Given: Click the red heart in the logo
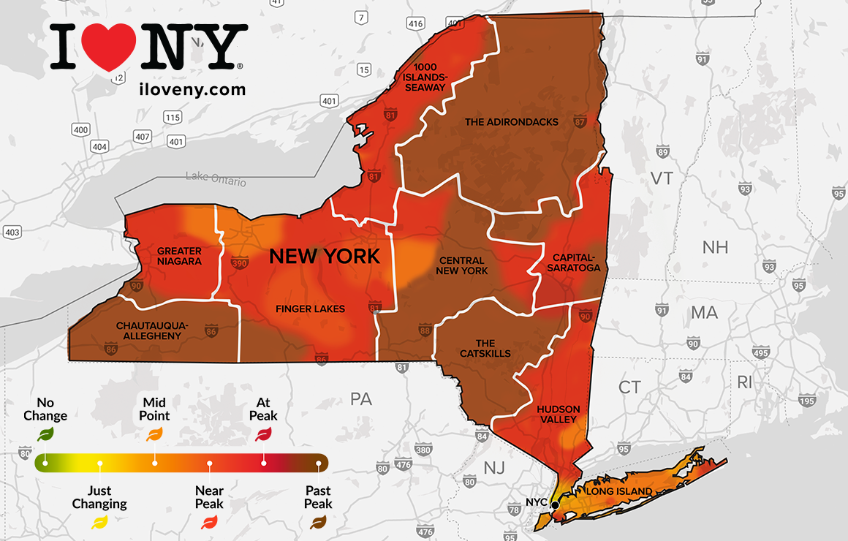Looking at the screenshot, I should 112,48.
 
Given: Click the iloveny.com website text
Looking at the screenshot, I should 192,89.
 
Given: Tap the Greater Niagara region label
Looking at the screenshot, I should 179,256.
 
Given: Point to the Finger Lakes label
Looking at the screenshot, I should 310,309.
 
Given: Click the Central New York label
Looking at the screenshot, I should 461,265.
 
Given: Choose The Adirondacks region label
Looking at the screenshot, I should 512,122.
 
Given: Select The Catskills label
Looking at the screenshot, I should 485,348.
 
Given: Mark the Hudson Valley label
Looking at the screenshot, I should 558,414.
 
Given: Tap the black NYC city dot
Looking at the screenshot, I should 555,504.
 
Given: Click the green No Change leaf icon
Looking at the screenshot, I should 45,434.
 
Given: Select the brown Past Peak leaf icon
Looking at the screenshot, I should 318,521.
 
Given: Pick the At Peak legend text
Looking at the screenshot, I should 263,409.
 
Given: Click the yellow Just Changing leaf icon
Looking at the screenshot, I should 99,521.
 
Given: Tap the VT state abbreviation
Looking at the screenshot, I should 662,178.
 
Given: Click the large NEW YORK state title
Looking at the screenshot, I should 325,256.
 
